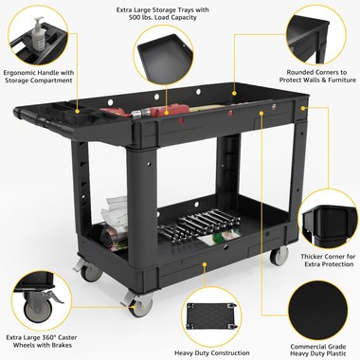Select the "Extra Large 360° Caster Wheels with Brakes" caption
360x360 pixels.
click(40, 342)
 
